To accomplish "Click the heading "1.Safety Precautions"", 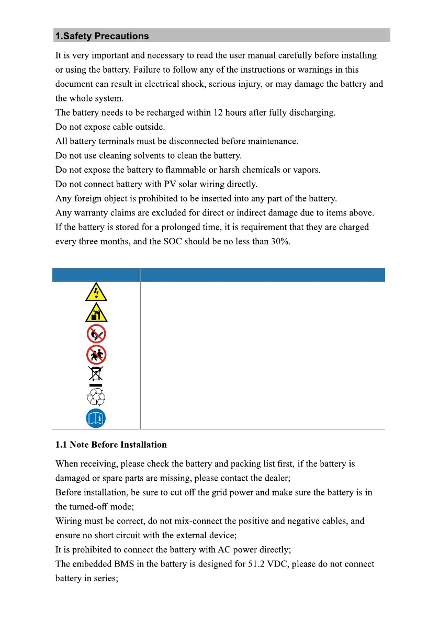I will click(102, 36).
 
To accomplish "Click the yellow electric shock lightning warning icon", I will click(96, 292).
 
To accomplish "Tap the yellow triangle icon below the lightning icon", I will click(96, 312).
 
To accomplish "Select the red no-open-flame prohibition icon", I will click(96, 334).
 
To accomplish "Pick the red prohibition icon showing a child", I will click(96, 355).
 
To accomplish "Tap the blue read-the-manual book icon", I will click(96, 418).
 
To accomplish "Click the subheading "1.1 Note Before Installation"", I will click(111, 445).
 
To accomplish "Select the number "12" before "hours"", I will click(215, 112).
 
